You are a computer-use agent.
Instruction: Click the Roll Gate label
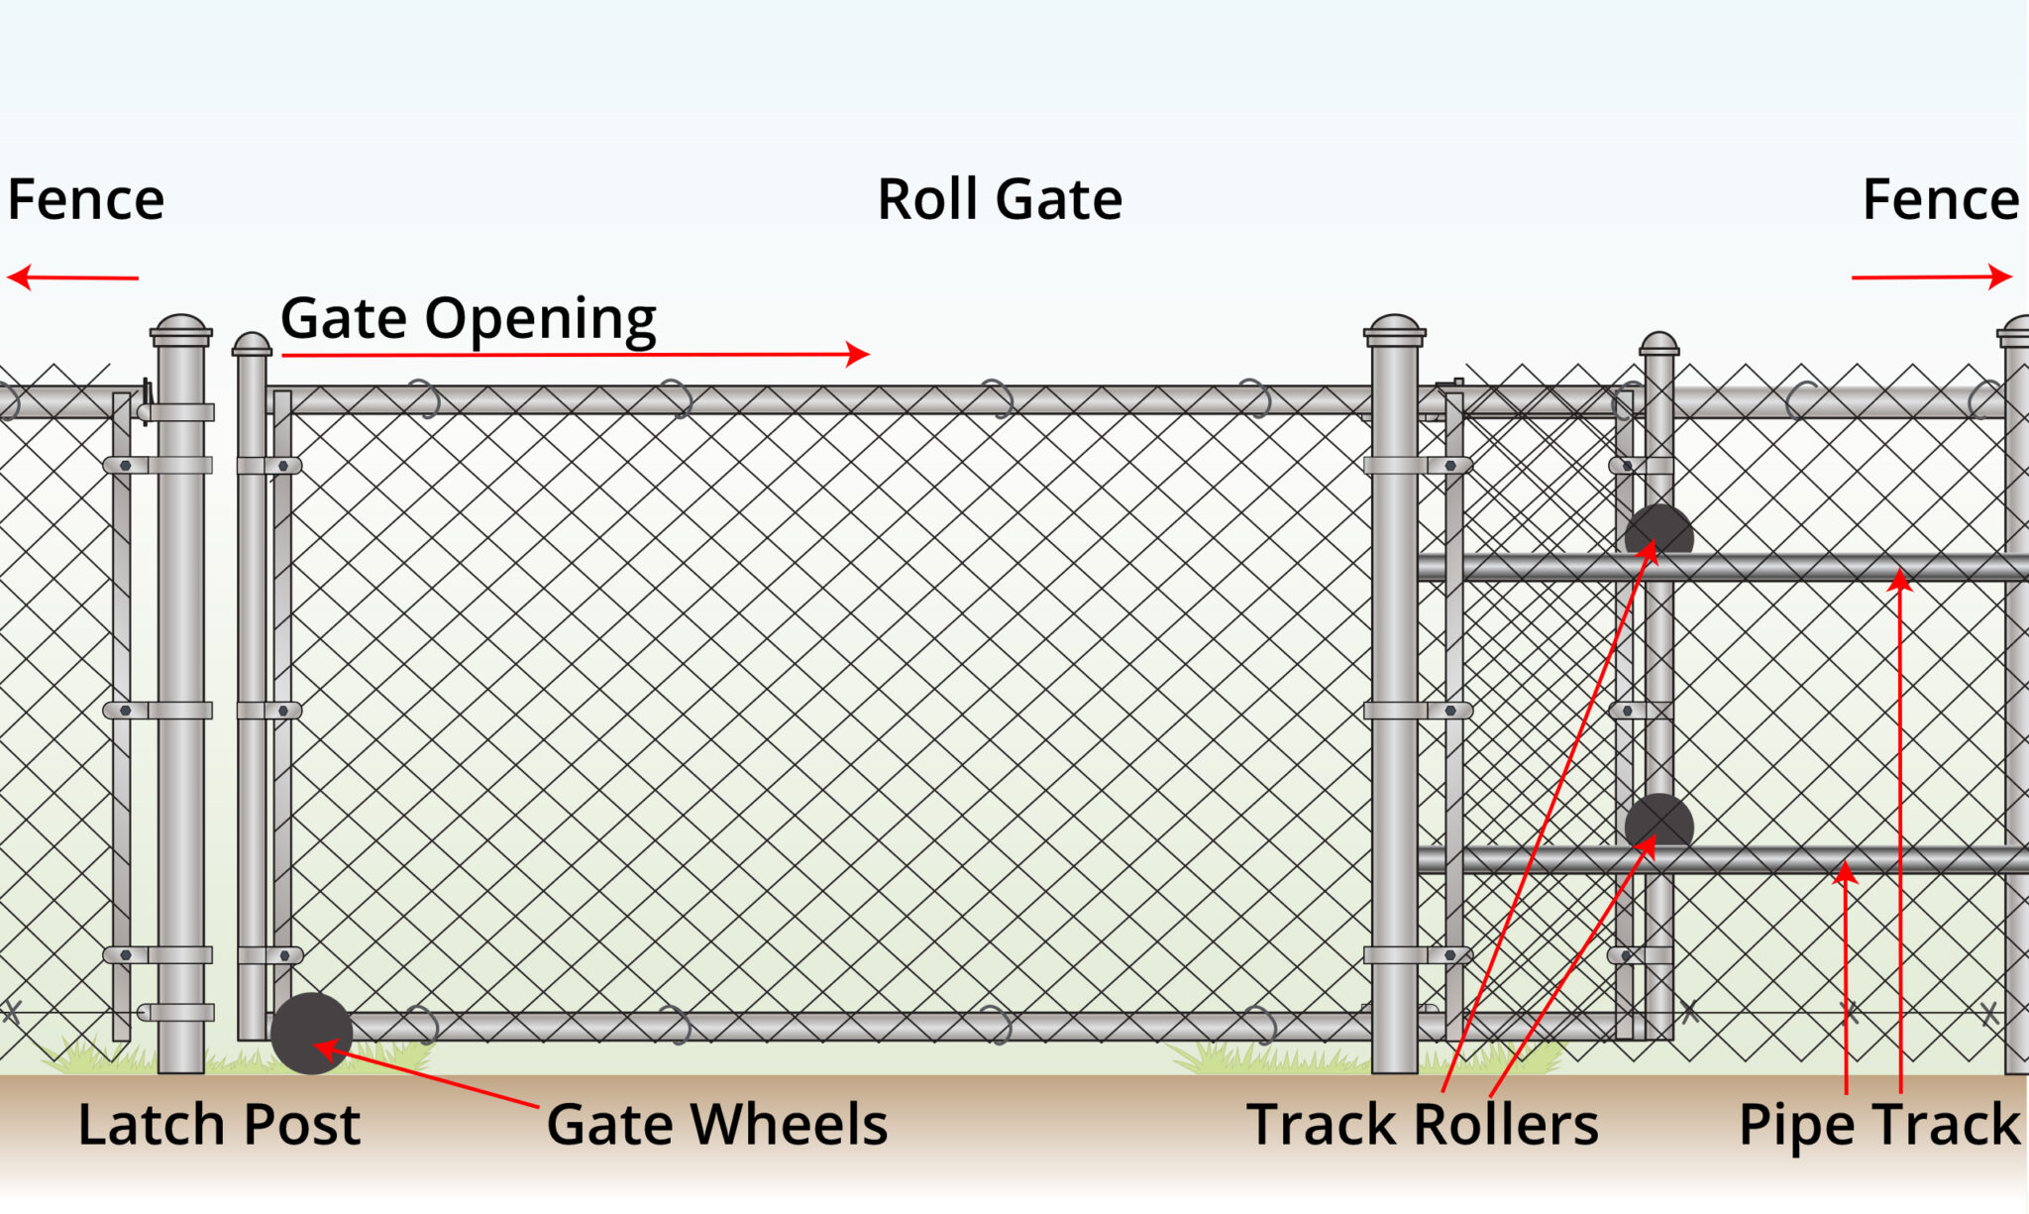pos(1000,200)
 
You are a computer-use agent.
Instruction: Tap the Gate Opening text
pos(468,319)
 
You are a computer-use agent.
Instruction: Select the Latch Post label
pos(219,1125)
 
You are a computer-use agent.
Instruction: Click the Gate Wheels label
pos(716,1125)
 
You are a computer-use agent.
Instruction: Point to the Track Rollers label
pos(1422,1125)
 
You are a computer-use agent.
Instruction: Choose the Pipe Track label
pos(1878,1125)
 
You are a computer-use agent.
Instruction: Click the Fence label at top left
pos(86,200)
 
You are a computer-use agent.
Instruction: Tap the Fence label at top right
pos(1940,200)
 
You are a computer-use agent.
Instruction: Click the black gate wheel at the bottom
pos(311,1034)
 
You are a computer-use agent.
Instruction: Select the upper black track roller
pos(1658,532)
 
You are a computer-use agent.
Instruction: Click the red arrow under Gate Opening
pos(575,354)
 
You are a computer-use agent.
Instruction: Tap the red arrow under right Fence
pos(1931,277)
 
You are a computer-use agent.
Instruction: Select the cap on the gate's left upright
pos(252,345)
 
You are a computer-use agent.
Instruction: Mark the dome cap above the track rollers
pos(1658,344)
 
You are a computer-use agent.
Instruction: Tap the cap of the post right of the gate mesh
pos(1394,329)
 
